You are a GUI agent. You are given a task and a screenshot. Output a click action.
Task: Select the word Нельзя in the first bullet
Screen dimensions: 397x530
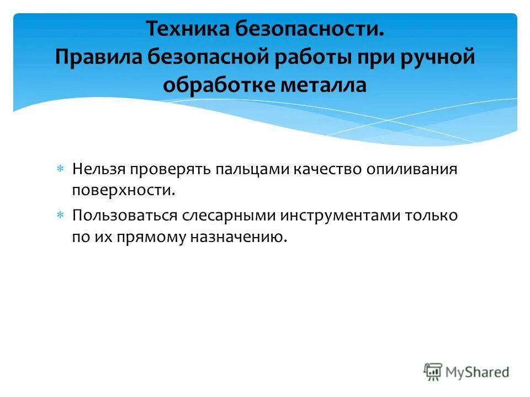[99, 169]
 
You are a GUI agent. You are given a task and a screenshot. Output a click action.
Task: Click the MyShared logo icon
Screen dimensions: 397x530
[433, 372]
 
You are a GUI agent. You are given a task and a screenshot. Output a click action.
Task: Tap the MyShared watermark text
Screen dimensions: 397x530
[478, 372]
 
